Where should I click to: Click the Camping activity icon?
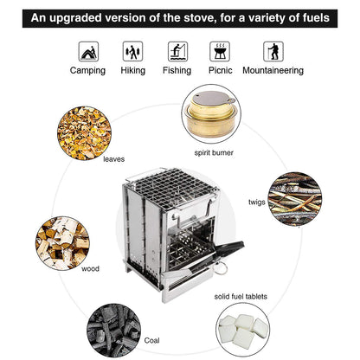pos(88,50)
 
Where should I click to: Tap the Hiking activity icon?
pos(132,50)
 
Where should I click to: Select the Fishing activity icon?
pos(177,50)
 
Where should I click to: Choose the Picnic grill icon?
pos(220,50)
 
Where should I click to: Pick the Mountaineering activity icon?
pos(273,50)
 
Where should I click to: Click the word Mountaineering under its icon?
pos(273,71)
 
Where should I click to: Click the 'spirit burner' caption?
pos(213,153)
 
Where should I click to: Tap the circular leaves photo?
pos(84,131)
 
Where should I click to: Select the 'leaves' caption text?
pos(113,159)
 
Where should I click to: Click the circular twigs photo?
pos(293,197)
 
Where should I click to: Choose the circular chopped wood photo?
pos(62,241)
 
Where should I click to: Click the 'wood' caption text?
pos(90,269)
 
